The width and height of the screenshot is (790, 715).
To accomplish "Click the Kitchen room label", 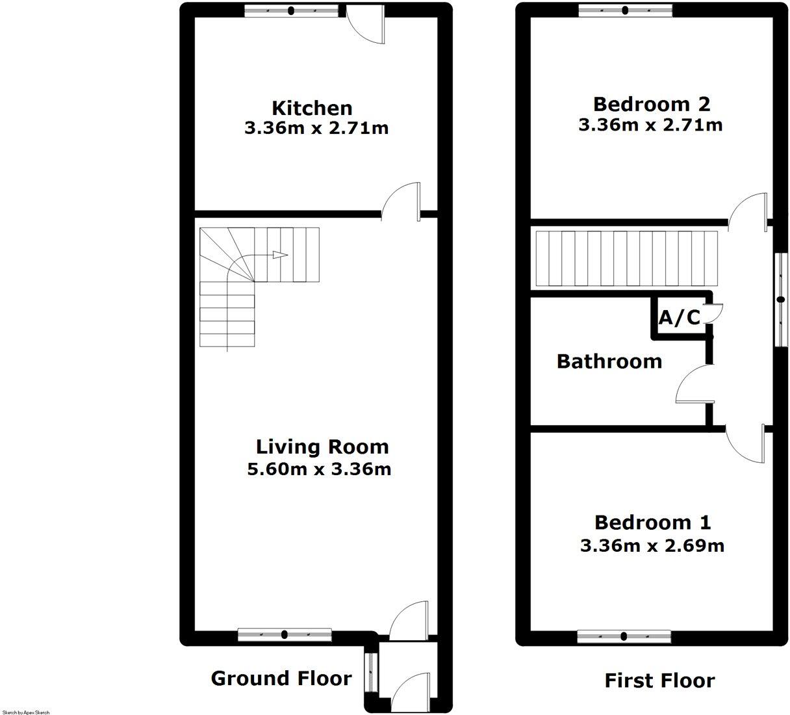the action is pyautogui.click(x=312, y=108).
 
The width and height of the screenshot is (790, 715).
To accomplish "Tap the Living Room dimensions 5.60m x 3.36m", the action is pyautogui.click(x=319, y=469).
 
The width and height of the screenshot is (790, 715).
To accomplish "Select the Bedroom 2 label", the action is pyautogui.click(x=652, y=105).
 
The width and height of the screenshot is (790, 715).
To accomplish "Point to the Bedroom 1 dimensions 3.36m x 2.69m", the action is pyautogui.click(x=652, y=545).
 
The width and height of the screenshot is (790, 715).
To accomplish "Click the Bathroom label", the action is pyautogui.click(x=609, y=361).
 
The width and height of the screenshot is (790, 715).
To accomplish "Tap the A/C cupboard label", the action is pyautogui.click(x=680, y=317).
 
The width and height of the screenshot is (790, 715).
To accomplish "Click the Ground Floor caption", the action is pyautogui.click(x=281, y=678).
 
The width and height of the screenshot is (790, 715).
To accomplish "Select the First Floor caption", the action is pyautogui.click(x=659, y=681).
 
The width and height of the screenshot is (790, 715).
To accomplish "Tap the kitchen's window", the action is pyautogui.click(x=291, y=11).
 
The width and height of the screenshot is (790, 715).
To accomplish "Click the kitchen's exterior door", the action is pyautogui.click(x=365, y=23).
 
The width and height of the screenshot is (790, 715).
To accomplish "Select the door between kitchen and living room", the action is pyautogui.click(x=401, y=201).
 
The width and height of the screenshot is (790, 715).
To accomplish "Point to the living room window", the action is pyautogui.click(x=285, y=634).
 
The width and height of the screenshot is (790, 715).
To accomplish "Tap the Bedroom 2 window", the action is pyautogui.click(x=626, y=10).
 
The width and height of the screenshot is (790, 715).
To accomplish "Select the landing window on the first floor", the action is pyautogui.click(x=781, y=300).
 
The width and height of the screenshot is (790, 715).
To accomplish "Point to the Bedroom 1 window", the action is pyautogui.click(x=624, y=636).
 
